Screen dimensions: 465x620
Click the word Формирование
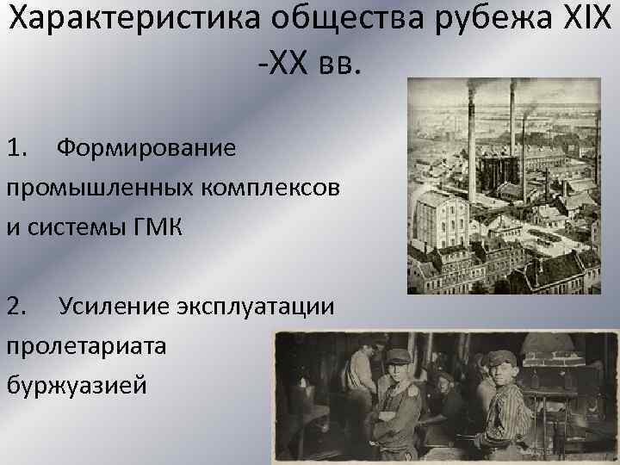click(x=146, y=147)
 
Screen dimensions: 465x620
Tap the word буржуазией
click(x=77, y=386)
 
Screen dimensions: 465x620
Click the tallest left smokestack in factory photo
click(x=471, y=129)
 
